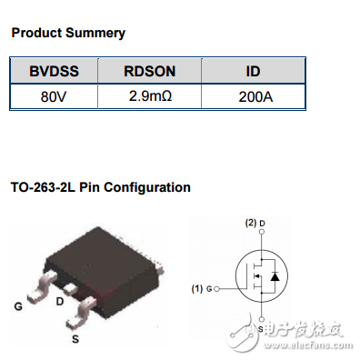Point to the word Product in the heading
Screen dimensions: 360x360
click(x=36, y=33)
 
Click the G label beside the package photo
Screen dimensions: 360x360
click(x=17, y=306)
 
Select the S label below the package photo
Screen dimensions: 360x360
click(x=75, y=338)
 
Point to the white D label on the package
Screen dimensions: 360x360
click(x=60, y=300)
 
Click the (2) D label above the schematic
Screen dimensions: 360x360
click(x=255, y=223)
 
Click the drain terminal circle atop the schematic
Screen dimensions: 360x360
click(x=261, y=233)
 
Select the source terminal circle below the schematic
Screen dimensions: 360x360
click(x=261, y=318)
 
